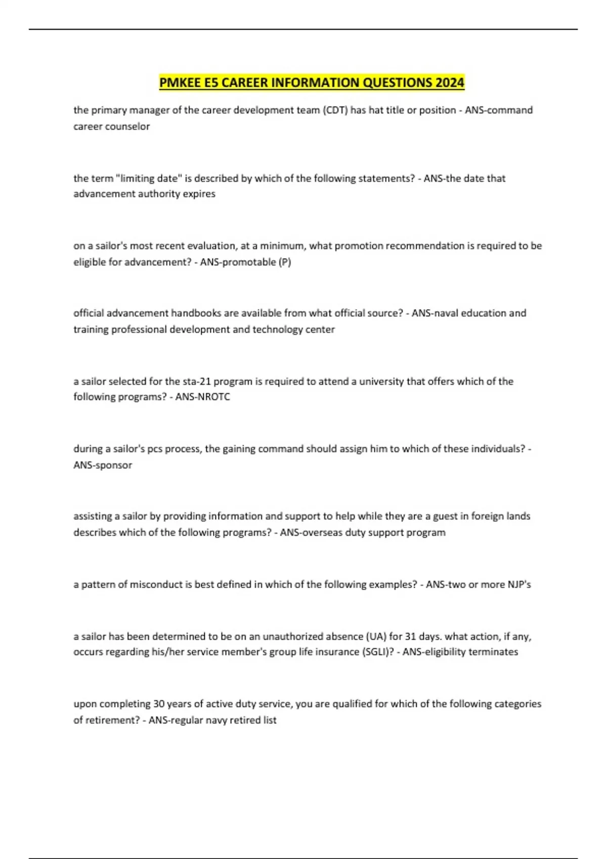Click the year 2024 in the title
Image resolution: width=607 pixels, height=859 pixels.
(x=449, y=82)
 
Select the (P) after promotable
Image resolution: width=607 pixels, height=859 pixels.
(x=285, y=262)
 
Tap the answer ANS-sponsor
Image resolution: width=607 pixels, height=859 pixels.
(x=103, y=465)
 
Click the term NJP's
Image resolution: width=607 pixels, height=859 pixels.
(x=519, y=585)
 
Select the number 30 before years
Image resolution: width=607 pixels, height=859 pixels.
(x=159, y=704)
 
